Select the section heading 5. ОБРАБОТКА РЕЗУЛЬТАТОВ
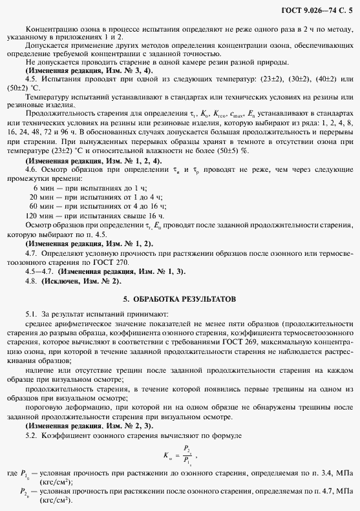tap(180, 300)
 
